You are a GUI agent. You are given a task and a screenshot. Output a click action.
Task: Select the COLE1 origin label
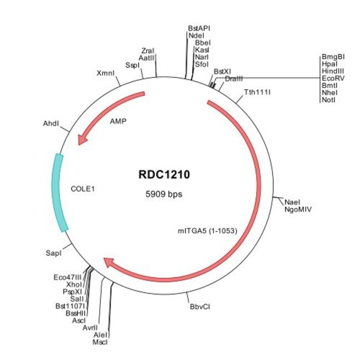[83, 188]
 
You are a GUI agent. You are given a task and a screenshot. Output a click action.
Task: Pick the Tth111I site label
[257, 91]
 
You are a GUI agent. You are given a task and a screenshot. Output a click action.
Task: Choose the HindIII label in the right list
[332, 71]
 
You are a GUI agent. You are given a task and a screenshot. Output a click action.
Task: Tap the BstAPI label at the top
[199, 28]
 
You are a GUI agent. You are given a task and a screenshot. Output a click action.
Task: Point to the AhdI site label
[51, 124]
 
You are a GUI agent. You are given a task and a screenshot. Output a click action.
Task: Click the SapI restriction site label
[53, 253]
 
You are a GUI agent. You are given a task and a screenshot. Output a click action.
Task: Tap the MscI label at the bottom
[100, 342]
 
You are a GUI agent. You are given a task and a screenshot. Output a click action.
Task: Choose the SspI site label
[132, 65]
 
